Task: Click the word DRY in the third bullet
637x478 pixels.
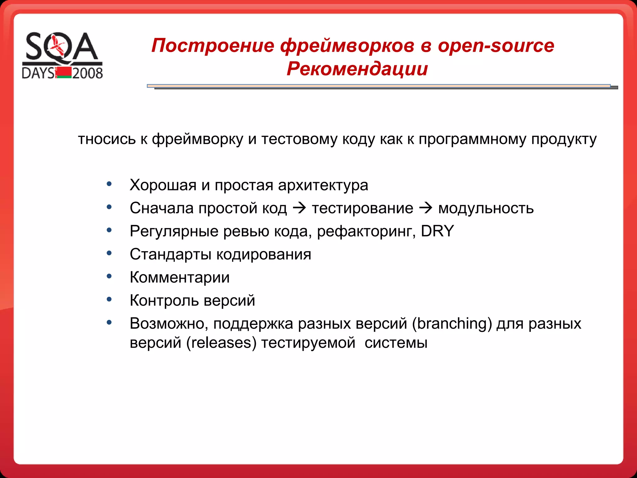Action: point(437,231)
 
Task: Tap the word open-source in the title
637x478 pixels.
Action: point(496,45)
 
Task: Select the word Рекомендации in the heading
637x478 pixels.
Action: point(357,69)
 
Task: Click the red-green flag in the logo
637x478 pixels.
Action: point(64,73)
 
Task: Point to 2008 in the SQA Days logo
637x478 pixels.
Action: point(87,73)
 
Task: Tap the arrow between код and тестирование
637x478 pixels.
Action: point(300,208)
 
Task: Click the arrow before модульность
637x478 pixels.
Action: point(426,208)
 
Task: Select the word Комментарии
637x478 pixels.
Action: point(179,277)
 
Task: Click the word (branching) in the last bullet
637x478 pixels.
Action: point(452,323)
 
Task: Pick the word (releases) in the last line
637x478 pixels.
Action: point(221,343)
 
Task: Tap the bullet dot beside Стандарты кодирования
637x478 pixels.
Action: point(109,253)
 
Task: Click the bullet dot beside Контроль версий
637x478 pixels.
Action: point(109,299)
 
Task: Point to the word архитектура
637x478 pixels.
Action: point(323,185)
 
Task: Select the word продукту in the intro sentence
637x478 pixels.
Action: point(564,139)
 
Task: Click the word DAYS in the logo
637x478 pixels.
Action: point(38,73)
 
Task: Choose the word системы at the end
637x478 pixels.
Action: point(396,343)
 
